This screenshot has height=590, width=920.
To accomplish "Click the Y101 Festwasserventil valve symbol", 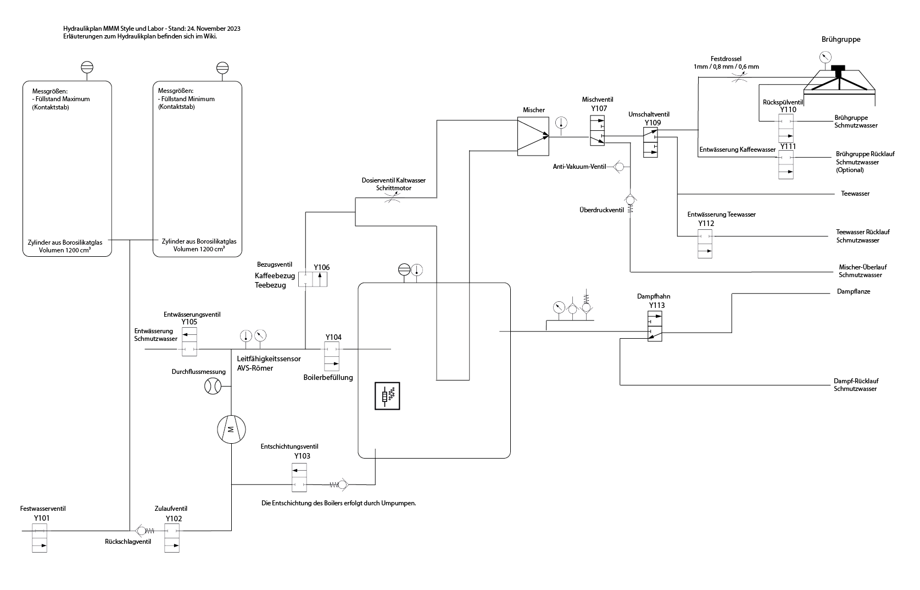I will point(40,538).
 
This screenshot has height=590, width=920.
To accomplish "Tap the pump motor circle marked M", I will point(231,429).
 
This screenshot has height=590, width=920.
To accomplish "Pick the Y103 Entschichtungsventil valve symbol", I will point(299,477).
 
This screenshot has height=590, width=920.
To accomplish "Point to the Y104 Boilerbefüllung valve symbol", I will point(331,356).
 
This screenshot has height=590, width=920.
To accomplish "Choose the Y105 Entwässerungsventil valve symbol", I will point(190,341).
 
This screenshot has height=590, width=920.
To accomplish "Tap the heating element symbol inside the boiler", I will point(387,396).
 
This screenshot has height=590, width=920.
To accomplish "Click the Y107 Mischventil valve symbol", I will point(597,130).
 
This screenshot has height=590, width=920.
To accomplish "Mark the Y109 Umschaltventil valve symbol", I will point(650,142).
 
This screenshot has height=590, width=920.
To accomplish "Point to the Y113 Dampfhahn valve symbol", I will point(655,326).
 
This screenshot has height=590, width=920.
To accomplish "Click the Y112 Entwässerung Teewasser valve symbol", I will point(705,244).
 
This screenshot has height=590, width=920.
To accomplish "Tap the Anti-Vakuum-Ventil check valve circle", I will point(618,166).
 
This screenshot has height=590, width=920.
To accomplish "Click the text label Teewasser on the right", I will point(855,194).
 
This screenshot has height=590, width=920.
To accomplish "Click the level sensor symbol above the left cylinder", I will point(87,67).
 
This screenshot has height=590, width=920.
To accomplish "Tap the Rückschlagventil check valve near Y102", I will point(140,531).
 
